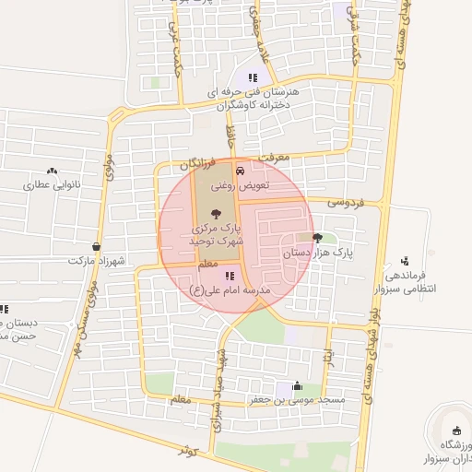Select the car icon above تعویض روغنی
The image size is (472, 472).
point(240,171)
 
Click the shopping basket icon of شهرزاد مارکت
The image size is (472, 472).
point(97,247)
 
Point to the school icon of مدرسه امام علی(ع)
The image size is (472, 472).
point(230,275)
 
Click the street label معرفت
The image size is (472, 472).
point(274,158)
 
